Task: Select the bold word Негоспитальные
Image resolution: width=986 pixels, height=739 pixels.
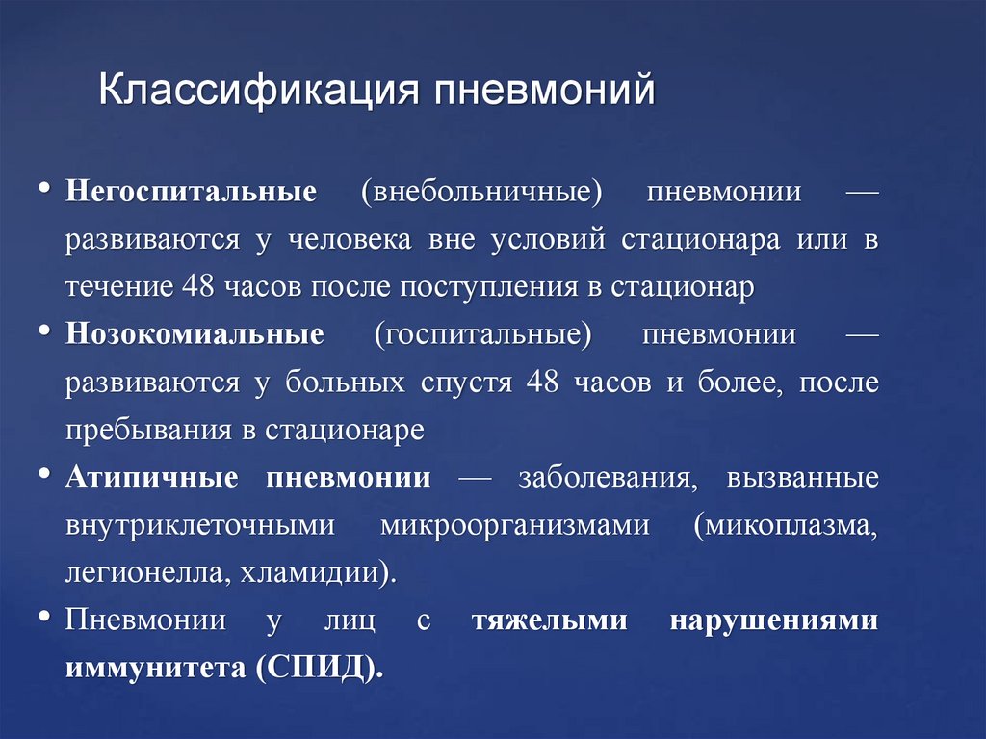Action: tap(191, 192)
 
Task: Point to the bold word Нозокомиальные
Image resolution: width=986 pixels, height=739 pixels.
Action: tap(195, 335)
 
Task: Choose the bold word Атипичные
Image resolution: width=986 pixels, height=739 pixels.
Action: tap(158, 478)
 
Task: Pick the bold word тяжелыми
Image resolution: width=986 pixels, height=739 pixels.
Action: tap(549, 621)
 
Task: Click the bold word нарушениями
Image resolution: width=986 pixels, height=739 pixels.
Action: tap(773, 621)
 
